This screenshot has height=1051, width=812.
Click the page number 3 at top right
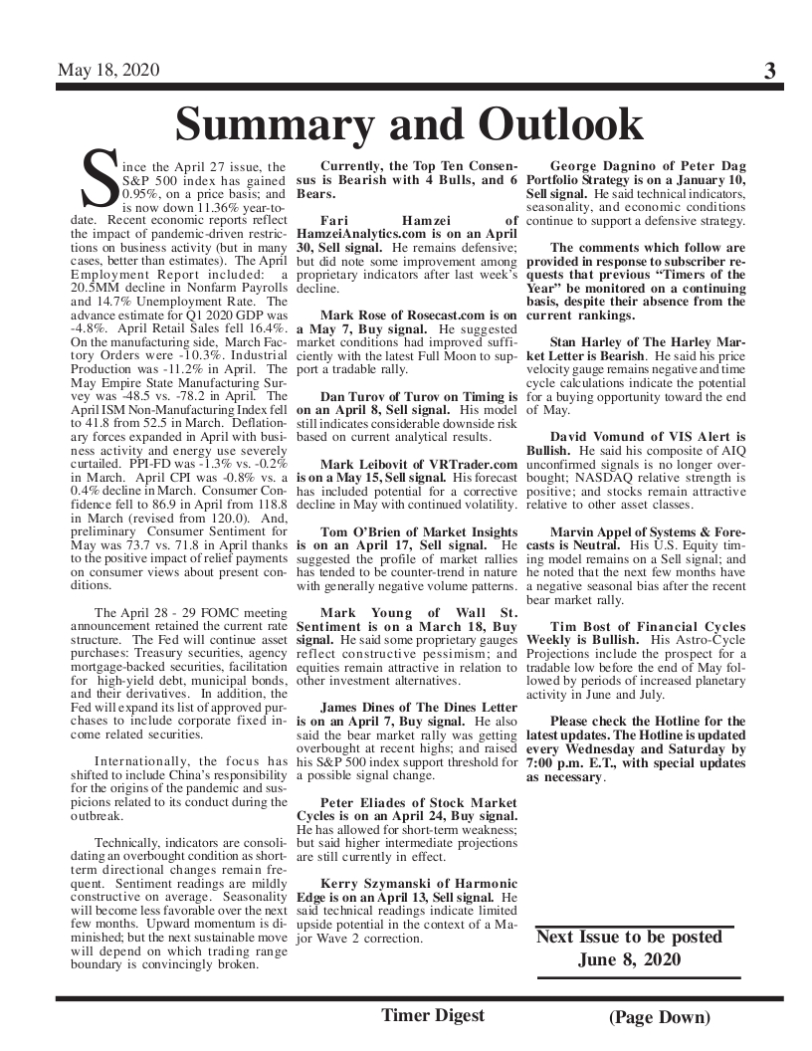pyautogui.click(x=769, y=71)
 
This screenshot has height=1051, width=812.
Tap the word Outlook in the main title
pyautogui.click(x=560, y=124)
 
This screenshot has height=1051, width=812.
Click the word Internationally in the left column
pyautogui.click(x=139, y=761)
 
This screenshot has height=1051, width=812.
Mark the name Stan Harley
pyautogui.click(x=591, y=341)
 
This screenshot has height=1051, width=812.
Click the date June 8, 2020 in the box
pyautogui.click(x=629, y=959)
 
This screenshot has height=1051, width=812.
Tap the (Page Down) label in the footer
pyautogui.click(x=660, y=1017)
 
